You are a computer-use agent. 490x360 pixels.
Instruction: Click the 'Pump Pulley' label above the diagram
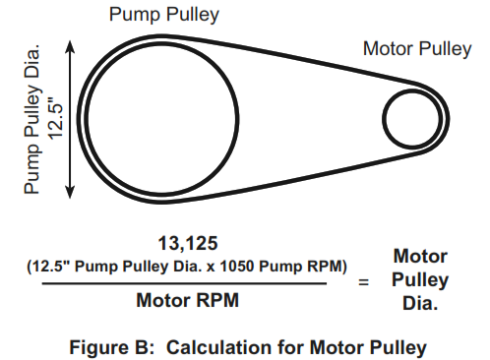[164, 15]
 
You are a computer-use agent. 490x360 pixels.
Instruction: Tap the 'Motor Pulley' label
[417, 49]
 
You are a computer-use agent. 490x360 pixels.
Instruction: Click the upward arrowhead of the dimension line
[70, 46]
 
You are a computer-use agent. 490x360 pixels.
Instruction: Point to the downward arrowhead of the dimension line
[70, 192]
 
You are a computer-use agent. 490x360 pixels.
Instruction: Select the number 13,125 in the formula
[188, 243]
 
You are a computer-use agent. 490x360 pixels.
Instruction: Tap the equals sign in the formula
[363, 281]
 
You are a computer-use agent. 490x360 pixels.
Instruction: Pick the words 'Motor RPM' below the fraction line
[188, 300]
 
